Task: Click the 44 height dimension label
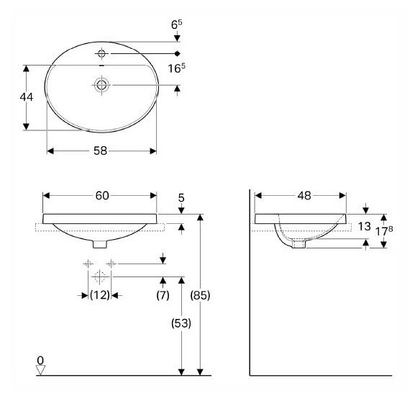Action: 25,97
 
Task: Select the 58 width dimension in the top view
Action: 101,151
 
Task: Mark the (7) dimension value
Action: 163,294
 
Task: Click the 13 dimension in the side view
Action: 364,227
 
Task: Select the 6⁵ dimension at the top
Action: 175,24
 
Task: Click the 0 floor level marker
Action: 41,359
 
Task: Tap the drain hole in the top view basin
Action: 102,85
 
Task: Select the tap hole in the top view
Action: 102,54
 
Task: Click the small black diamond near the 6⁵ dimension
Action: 177,54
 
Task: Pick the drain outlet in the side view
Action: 299,245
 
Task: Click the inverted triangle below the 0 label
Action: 41,370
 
